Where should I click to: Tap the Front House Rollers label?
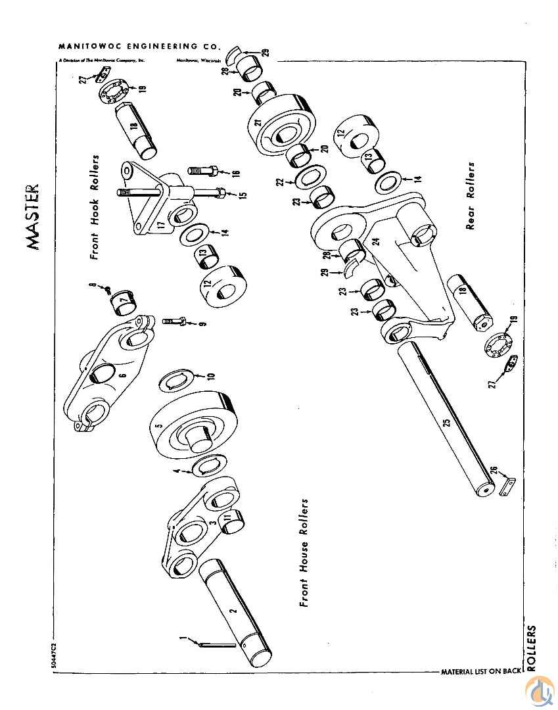click(x=304, y=552)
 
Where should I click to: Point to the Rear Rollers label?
click(x=471, y=196)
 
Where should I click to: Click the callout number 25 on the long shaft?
click(x=447, y=424)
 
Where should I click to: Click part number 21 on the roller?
click(x=259, y=122)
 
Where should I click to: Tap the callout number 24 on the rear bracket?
click(x=377, y=241)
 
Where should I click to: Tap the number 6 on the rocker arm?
click(x=122, y=375)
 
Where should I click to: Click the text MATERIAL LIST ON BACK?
click(x=480, y=672)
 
